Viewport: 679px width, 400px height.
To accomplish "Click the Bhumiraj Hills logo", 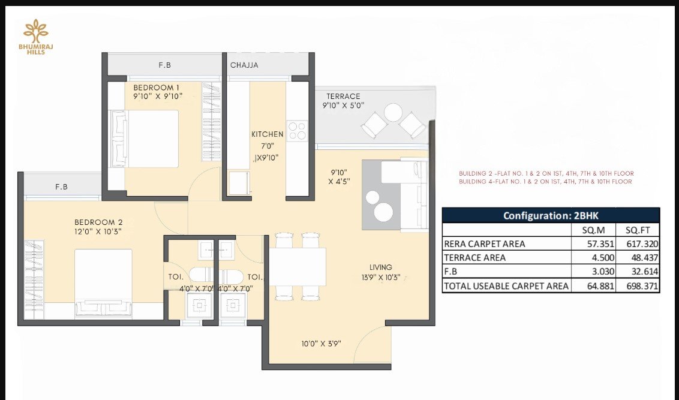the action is pyautogui.click(x=35, y=37).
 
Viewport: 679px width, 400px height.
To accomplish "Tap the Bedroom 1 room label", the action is pyautogui.click(x=156, y=88).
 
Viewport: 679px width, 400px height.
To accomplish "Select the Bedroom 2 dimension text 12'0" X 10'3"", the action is pyautogui.click(x=98, y=231).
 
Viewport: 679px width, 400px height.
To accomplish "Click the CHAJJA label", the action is pyautogui.click(x=244, y=65).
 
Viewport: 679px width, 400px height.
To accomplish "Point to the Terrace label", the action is pyautogui.click(x=343, y=97).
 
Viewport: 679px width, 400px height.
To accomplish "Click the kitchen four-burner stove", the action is pyautogui.click(x=297, y=131).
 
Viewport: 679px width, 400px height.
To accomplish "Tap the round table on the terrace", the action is pyautogui.click(x=393, y=113).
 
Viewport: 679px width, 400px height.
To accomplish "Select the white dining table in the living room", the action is pyautogui.click(x=298, y=267).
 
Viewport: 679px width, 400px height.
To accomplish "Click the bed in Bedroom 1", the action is pyautogui.click(x=145, y=139).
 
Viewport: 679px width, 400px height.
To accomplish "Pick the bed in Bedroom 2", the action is pyautogui.click(x=103, y=284).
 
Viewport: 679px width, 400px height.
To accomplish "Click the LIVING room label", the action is pyautogui.click(x=381, y=267).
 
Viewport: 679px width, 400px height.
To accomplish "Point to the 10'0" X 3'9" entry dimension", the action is pyautogui.click(x=322, y=344).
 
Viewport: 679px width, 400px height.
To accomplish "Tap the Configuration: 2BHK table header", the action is pyautogui.click(x=551, y=215).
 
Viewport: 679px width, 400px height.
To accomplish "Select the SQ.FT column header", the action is pyautogui.click(x=638, y=230).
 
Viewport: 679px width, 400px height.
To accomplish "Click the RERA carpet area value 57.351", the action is pyautogui.click(x=600, y=243).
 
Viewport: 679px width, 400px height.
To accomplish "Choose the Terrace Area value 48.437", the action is pyautogui.click(x=642, y=258).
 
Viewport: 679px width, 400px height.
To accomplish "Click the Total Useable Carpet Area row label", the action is pyautogui.click(x=506, y=285).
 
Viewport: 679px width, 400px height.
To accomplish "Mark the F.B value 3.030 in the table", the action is pyautogui.click(x=603, y=272).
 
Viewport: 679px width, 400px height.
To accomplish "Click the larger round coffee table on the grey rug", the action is pyautogui.click(x=383, y=212).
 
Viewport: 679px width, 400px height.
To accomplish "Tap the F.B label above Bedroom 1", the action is pyautogui.click(x=164, y=65).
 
